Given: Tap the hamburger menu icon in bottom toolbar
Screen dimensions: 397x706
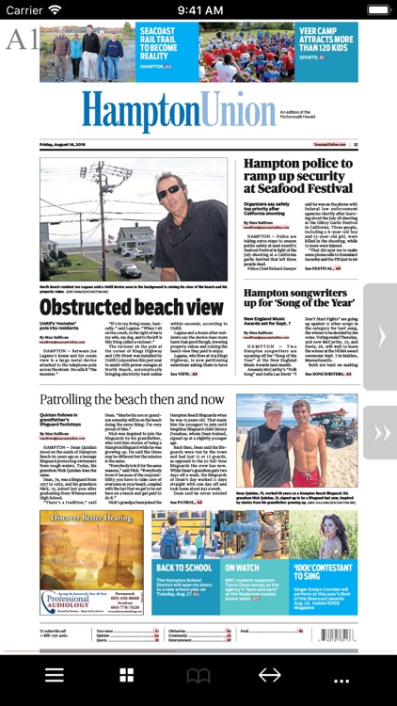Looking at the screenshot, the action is [55, 676].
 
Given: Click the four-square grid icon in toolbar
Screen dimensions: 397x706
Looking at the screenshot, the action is [126, 676].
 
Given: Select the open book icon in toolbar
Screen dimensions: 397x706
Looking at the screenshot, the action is [198, 676].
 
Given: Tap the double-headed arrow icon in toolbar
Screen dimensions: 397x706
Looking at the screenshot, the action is [270, 676].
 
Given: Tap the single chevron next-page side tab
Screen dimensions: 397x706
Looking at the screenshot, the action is [381, 337].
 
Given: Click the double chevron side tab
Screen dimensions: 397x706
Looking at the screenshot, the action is [381, 433].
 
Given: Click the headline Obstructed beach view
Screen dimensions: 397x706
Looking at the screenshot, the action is [132, 307].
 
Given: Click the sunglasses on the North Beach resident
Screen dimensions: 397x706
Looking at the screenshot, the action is [171, 191].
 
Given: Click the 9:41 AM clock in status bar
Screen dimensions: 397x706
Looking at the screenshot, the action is [198, 9].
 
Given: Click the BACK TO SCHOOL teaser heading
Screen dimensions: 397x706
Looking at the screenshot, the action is [183, 568].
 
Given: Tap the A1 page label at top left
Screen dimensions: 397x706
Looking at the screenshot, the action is [21, 40].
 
